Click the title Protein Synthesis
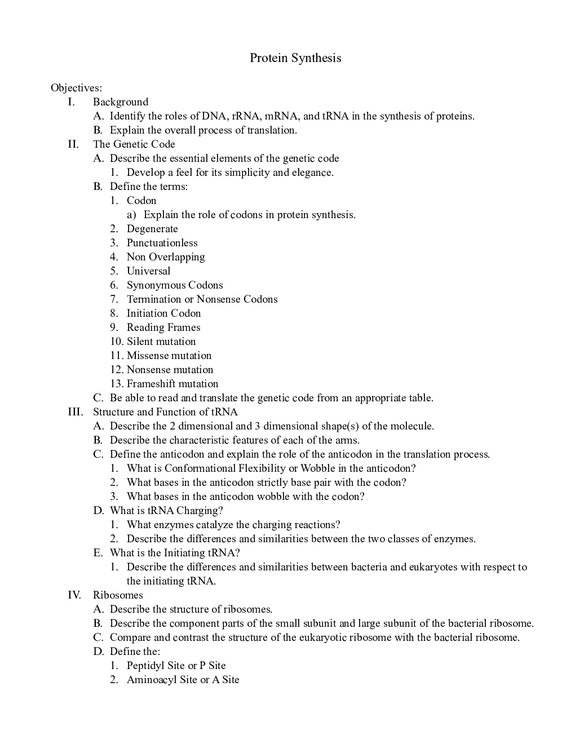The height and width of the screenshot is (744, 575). point(295,58)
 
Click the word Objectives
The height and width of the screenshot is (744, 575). point(76,88)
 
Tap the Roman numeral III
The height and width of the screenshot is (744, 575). point(75,412)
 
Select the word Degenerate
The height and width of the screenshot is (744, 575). point(152,229)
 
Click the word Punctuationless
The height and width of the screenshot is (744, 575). point(162,243)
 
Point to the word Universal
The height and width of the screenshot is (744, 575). point(148,271)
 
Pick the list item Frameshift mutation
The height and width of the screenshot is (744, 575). point(172,384)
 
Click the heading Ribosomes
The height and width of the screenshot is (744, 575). point(118,595)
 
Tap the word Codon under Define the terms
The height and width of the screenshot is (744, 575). point(141,201)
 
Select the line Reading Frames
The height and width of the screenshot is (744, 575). point(163,327)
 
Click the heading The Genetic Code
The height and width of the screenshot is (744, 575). point(134,144)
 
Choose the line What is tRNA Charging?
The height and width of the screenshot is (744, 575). point(166,511)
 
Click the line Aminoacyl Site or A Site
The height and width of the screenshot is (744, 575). point(183,680)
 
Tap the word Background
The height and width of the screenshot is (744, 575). point(121,102)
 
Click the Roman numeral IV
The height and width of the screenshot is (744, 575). point(74,595)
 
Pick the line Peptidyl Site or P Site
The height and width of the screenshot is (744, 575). point(176,666)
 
